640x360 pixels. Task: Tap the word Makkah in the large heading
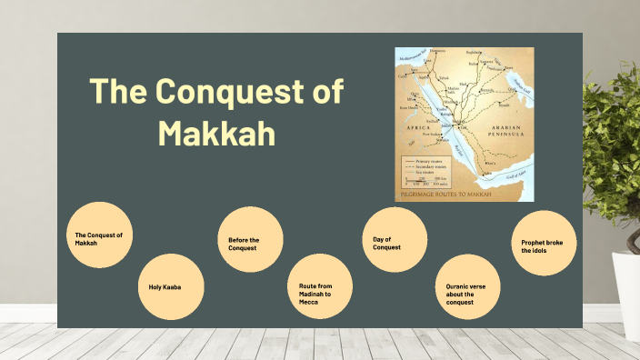(216, 133)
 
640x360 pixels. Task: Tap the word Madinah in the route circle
(313, 294)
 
